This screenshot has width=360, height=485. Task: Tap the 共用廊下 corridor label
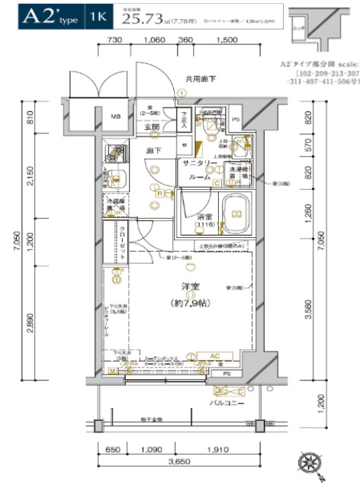click(x=200, y=79)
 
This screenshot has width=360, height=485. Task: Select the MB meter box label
click(x=116, y=117)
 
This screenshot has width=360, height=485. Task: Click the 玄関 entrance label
click(x=151, y=127)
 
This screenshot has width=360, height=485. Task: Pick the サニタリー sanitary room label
click(x=201, y=169)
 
